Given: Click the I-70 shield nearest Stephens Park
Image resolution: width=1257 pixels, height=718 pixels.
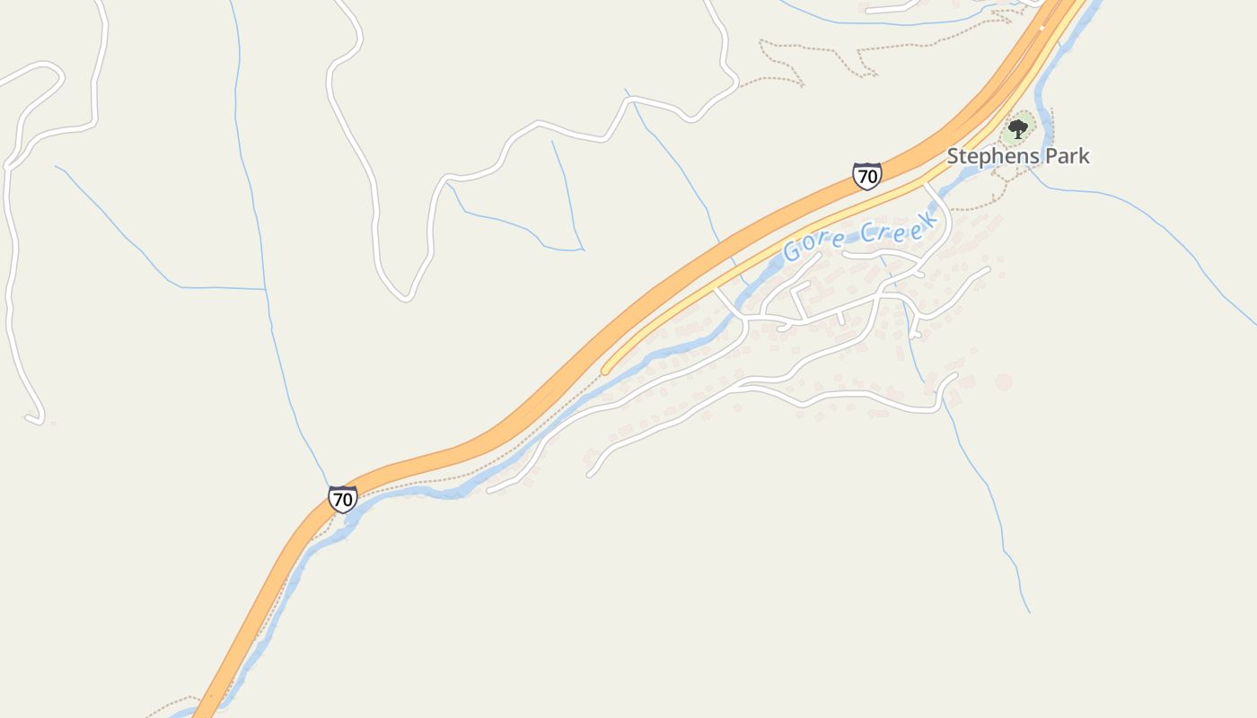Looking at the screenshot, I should tap(866, 176).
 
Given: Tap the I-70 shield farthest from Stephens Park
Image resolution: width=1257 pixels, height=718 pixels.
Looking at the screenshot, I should tap(342, 499).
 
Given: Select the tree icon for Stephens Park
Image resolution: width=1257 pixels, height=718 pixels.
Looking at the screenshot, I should tap(1017, 129).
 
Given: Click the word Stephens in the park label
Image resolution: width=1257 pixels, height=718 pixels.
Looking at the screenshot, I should tap(990, 156).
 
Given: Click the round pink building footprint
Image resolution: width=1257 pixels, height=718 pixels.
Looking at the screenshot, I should tap(1003, 382).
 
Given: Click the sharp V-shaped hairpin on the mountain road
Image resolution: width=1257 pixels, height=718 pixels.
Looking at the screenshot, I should tap(406, 296).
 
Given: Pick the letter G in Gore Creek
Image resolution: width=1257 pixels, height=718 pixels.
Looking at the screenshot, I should tap(792, 251).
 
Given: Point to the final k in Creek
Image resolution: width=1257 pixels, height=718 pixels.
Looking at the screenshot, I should tap(931, 217).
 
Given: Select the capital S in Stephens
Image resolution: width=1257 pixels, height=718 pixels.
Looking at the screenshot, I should tap(954, 156).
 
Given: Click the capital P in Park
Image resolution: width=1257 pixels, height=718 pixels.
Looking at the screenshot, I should tap(1044, 156).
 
